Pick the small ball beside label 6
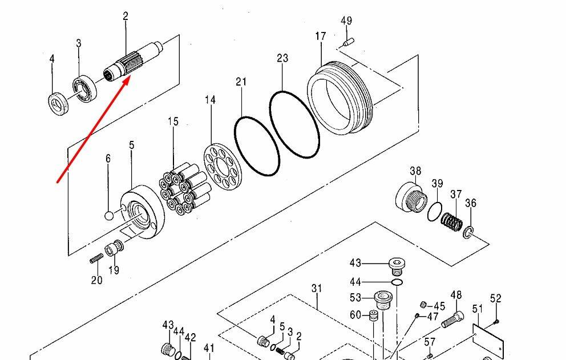(x=110, y=216)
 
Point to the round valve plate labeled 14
(x=218, y=163)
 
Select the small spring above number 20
(x=96, y=259)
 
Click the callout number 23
(x=282, y=58)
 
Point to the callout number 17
(x=320, y=37)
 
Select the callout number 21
(x=241, y=82)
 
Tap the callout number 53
(x=356, y=297)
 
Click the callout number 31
(x=317, y=289)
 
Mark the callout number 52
(x=495, y=298)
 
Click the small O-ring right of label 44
(x=397, y=282)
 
